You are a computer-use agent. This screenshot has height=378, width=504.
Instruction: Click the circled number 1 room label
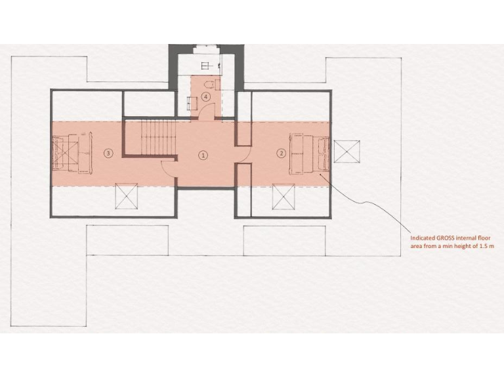pos(203,155)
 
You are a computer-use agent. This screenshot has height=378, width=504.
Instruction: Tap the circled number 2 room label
pos(282,154)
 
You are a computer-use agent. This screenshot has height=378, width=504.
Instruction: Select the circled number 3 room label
pos(109,154)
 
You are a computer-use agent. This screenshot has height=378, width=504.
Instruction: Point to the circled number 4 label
pos(207,97)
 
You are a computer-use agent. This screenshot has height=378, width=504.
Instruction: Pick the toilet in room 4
pos(209,84)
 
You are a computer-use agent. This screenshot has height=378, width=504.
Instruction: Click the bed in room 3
pos(72,154)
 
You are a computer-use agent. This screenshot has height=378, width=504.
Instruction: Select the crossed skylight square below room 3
pos(126,196)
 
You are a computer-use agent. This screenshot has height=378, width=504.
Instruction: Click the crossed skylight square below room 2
pos(285,196)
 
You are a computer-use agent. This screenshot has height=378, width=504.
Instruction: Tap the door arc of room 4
pos(206,112)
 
